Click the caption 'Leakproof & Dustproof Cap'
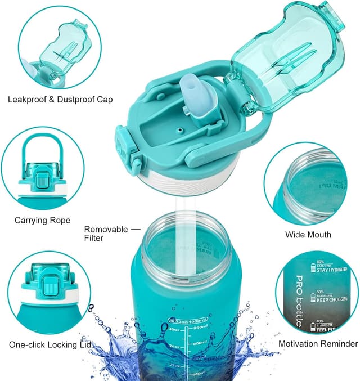(x=60, y=100)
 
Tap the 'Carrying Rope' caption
(x=43, y=221)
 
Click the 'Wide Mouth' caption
(x=308, y=235)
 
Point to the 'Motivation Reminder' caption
(x=318, y=343)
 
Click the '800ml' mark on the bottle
(x=201, y=343)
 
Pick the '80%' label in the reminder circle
(x=320, y=262)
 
